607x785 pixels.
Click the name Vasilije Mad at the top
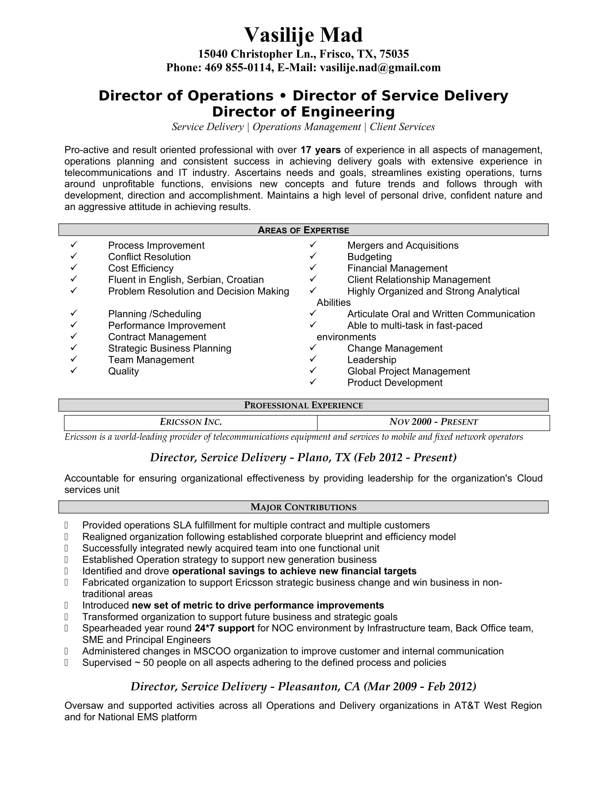click(303, 35)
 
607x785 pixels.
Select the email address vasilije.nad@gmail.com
click(380, 67)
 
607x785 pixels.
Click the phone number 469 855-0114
click(238, 67)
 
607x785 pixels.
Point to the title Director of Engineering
click(303, 112)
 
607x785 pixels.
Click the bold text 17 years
click(320, 150)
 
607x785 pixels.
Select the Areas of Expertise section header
click(303, 230)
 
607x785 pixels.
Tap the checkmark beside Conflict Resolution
click(74, 256)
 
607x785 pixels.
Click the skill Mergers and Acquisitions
click(403, 245)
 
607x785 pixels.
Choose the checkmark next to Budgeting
click(313, 256)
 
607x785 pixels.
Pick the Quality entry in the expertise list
click(123, 371)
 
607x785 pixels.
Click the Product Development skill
click(395, 383)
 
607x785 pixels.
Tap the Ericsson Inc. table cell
click(191, 422)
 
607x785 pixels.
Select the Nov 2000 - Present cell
click(433, 422)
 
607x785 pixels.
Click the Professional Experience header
click(303, 405)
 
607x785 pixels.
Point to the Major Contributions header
click(303, 507)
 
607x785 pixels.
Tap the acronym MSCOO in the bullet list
click(212, 651)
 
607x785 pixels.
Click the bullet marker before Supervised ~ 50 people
click(66, 663)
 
